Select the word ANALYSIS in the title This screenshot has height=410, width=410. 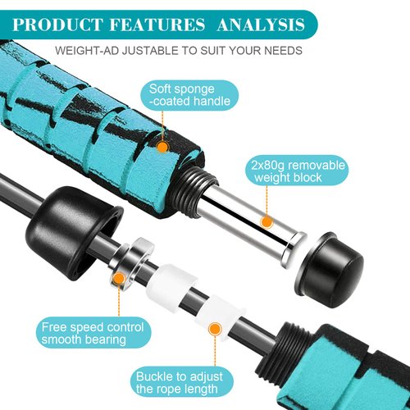coord(260,22)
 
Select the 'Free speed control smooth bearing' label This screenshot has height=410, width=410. coord(93,335)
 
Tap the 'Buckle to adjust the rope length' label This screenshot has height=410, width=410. coord(178,383)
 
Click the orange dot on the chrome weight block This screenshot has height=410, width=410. coord(266,221)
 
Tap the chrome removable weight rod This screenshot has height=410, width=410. coord(246,216)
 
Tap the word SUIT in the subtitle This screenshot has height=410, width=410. coord(198,51)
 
